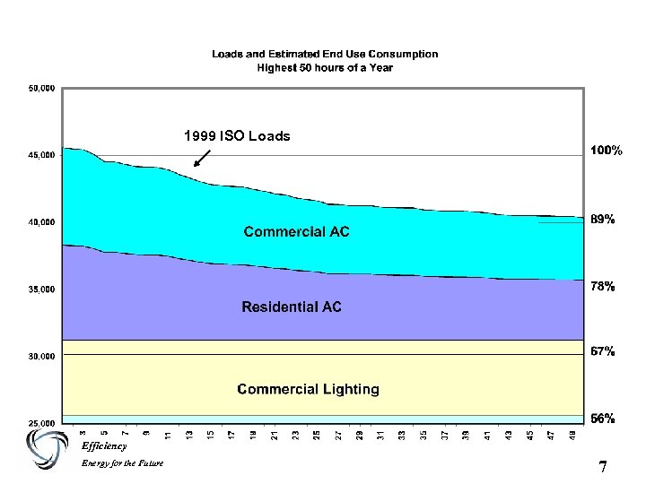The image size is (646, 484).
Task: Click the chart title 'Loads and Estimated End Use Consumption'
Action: click(325, 54)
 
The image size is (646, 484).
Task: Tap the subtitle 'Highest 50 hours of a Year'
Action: click(325, 66)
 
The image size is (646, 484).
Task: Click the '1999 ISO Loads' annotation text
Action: click(237, 136)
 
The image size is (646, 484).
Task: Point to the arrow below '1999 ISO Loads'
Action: click(201, 158)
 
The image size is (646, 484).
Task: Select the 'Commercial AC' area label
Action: click(297, 232)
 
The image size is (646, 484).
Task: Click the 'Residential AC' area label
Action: click(292, 307)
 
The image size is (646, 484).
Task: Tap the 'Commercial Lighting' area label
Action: click(308, 389)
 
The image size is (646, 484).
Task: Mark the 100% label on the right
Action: click(606, 151)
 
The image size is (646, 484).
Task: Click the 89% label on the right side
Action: click(602, 219)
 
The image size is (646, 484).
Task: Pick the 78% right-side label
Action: click(602, 287)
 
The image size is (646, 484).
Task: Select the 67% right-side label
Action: click(602, 352)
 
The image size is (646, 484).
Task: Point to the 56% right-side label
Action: click(602, 418)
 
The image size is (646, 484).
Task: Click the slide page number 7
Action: click(603, 467)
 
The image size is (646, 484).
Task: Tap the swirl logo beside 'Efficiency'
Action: click(47, 448)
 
